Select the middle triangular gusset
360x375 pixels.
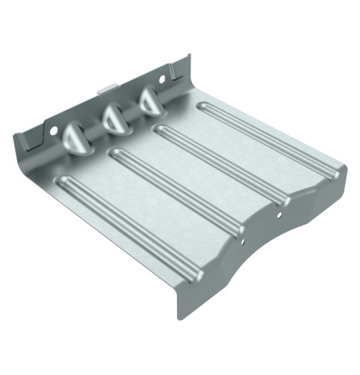[113, 118]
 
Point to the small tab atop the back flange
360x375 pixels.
[107, 88]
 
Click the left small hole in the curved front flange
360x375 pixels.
[244, 241]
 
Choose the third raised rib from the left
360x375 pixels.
[221, 165]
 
